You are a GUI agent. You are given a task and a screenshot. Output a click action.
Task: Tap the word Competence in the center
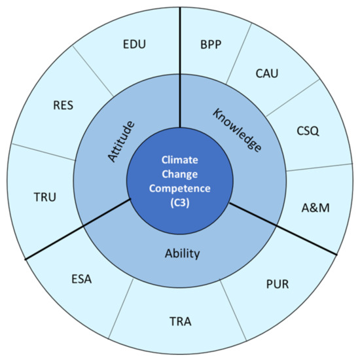(x=179, y=184)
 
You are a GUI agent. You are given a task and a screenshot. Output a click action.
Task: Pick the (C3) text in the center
(x=179, y=198)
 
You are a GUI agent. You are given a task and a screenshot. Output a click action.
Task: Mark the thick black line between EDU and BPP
(x=179, y=65)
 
